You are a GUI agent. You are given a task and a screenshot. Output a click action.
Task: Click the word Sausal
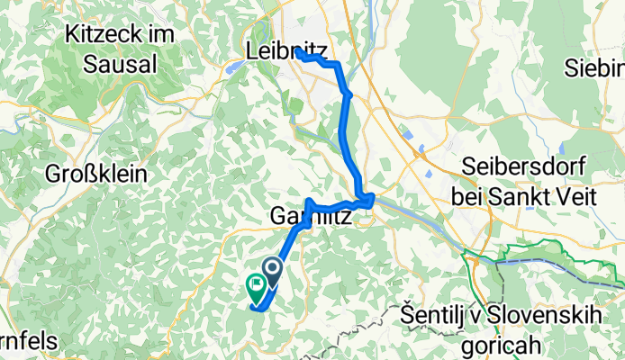pos(120,64)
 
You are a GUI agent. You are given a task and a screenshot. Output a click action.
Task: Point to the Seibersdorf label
pos(524,167)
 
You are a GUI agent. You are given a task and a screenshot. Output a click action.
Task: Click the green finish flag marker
pos(255,287)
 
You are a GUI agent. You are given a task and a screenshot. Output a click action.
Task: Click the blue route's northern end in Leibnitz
pos(296,51)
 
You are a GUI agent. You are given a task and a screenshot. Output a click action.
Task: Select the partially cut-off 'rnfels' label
pos(29,342)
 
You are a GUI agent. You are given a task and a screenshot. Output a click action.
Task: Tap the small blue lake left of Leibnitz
pos(233,65)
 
